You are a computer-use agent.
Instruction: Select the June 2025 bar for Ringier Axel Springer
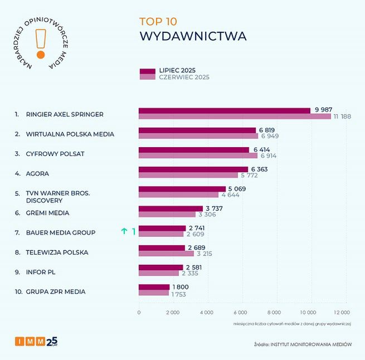coord(235,116)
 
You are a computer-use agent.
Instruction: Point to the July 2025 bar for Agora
coord(193,169)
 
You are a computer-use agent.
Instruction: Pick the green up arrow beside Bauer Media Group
coord(124,232)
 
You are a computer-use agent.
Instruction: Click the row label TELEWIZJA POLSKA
coord(57,252)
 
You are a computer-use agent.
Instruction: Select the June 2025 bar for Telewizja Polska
coord(166,254)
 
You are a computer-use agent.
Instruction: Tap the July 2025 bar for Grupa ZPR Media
coord(154,287)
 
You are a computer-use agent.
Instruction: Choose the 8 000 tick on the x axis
coord(274,313)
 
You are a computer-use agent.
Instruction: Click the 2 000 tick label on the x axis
coord(172,313)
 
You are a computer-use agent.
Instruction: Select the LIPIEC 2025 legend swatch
coord(147,71)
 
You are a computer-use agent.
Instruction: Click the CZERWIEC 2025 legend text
coord(184,77)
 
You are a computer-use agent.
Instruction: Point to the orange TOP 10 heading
coord(158,22)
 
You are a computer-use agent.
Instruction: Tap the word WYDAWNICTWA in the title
coord(192,37)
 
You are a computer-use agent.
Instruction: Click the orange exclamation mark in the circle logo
coord(40,43)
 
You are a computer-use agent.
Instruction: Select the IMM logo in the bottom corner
coord(36,341)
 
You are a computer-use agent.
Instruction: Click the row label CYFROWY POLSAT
coord(55,153)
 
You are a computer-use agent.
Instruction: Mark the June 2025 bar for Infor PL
coord(159,273)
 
